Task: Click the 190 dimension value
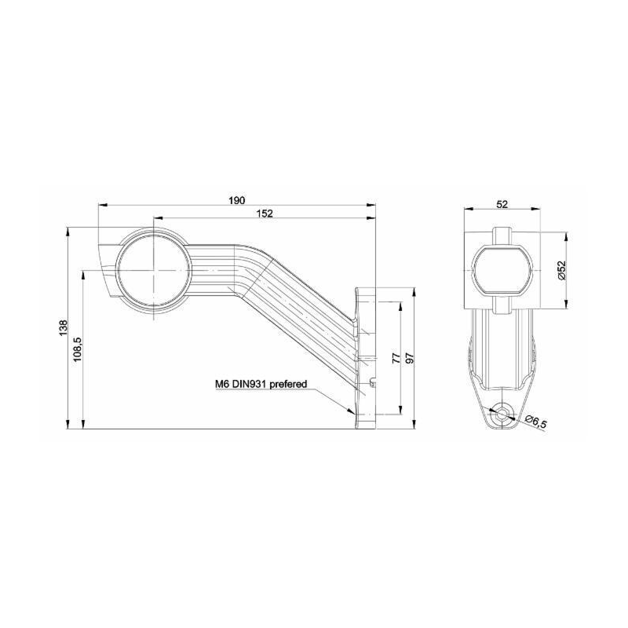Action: [236, 199]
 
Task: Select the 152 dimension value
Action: [265, 213]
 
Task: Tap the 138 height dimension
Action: [62, 328]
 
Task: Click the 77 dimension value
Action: [396, 358]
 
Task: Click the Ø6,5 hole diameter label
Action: [535, 423]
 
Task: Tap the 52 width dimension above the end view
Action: [502, 203]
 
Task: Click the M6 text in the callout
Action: [222, 385]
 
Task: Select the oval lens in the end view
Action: [502, 270]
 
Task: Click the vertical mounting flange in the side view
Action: [363, 357]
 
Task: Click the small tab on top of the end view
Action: [502, 234]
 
